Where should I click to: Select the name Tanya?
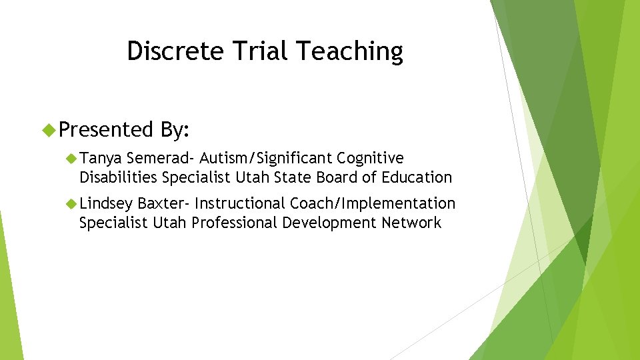(101, 158)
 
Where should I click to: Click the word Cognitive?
(370, 158)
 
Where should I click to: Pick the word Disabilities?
(118, 177)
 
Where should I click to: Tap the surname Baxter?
(163, 203)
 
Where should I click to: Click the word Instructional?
(240, 203)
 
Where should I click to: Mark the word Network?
(411, 223)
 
